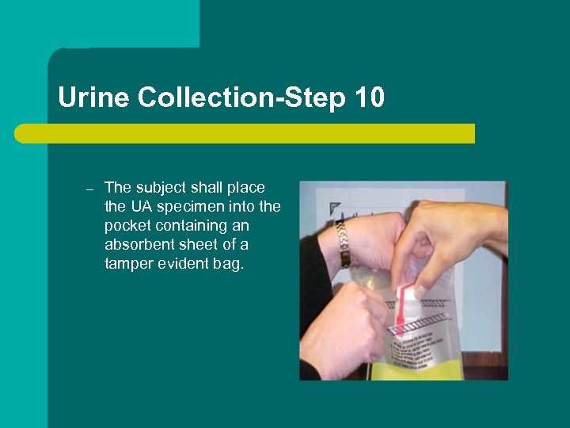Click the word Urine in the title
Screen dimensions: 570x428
pos(93,97)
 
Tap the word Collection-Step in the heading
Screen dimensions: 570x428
pos(241,98)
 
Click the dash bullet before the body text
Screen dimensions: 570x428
pos(89,190)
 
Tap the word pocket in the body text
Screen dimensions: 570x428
pos(127,226)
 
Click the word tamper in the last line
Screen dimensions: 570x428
pos(129,264)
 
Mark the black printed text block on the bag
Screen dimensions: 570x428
pos(417,349)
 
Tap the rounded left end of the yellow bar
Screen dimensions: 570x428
pos(19,134)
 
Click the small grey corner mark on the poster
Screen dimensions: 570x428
pos(334,208)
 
